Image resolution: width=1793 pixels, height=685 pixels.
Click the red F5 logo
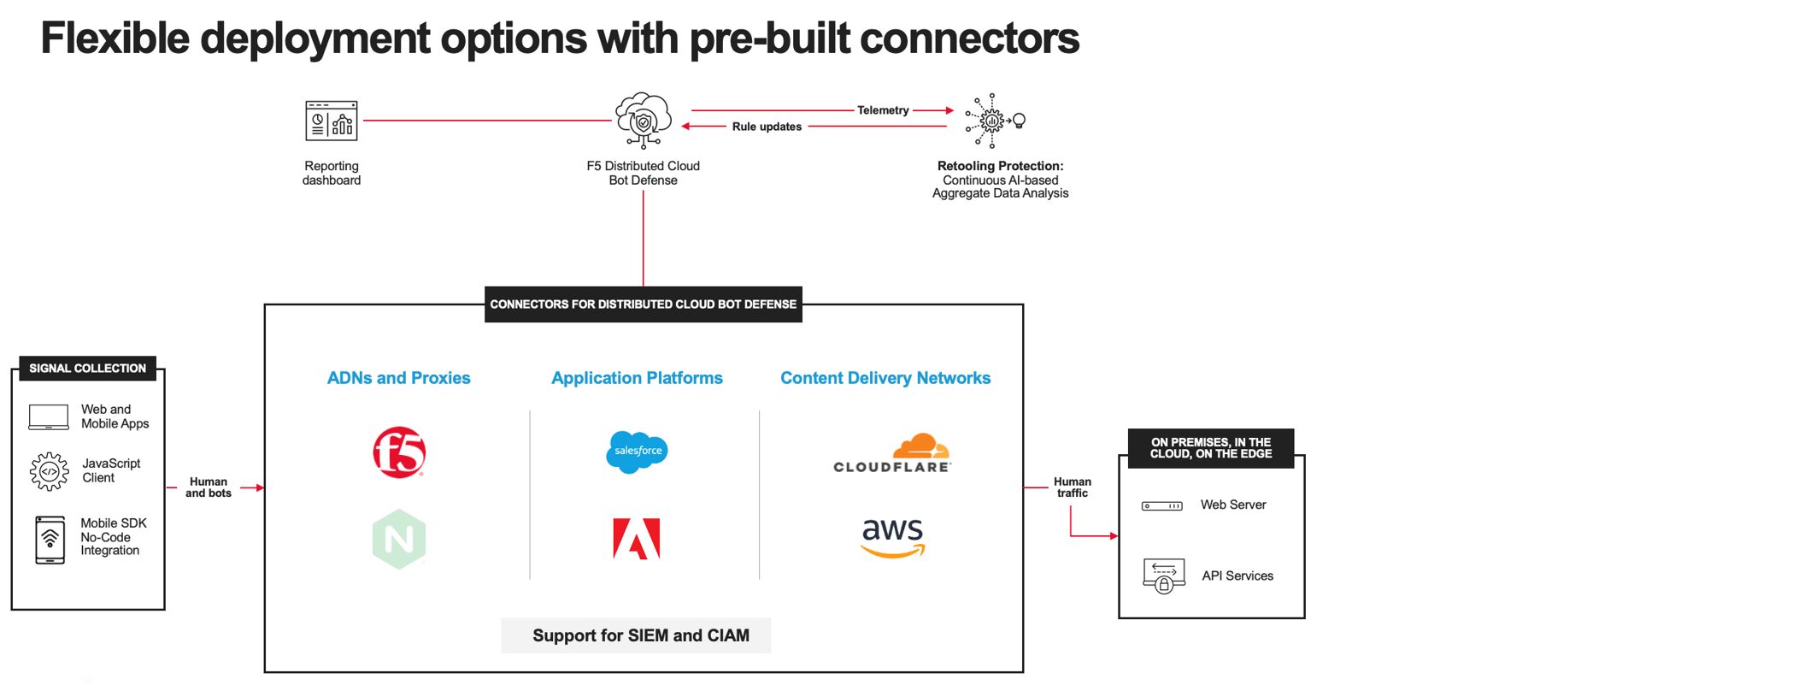[x=399, y=452]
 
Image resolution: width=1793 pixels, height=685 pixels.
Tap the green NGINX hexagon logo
[x=399, y=539]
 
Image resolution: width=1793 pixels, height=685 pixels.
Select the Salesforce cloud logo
[x=637, y=452]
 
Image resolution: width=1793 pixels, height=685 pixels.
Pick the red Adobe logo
[x=637, y=539]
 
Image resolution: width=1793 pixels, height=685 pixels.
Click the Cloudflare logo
[x=892, y=453]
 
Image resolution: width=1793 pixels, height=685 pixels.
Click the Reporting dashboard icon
[x=332, y=121]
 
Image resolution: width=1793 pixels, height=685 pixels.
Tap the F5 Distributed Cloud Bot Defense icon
[x=643, y=120]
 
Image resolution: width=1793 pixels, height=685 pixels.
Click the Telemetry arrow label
[x=883, y=110]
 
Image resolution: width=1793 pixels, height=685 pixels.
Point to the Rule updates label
[x=767, y=127]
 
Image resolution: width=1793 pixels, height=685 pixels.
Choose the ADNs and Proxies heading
[x=398, y=378]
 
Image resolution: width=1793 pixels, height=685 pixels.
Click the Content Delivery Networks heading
[x=885, y=378]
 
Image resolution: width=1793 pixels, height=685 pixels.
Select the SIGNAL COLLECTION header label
[x=87, y=369]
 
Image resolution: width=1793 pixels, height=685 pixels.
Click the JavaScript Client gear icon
[x=50, y=471]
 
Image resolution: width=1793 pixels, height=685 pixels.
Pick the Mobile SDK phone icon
[x=50, y=540]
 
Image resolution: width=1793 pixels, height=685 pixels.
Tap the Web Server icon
[x=1162, y=505]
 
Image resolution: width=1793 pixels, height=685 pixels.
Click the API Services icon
[x=1163, y=576]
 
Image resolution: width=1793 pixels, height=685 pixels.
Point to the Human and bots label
[x=209, y=487]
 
